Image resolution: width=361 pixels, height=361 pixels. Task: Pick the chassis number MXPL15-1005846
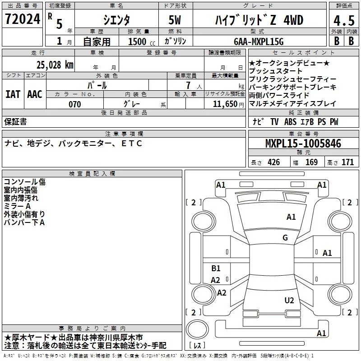tap(303, 143)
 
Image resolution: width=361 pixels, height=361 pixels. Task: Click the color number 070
tap(74, 104)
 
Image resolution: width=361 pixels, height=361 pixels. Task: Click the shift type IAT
tap(12, 94)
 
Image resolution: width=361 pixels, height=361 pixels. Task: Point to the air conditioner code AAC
tap(34, 94)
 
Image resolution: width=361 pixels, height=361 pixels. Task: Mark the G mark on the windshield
tap(285, 238)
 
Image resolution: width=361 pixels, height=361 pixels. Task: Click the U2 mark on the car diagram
tap(289, 301)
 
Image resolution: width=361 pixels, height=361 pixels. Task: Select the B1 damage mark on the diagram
tap(216, 268)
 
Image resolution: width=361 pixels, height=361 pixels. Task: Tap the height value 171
tap(348, 162)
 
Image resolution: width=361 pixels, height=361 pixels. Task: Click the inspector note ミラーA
tap(17, 206)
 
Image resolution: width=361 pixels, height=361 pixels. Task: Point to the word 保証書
tap(15, 122)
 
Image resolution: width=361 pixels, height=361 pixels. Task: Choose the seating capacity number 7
tap(187, 85)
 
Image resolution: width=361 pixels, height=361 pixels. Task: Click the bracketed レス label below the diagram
tap(199, 346)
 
